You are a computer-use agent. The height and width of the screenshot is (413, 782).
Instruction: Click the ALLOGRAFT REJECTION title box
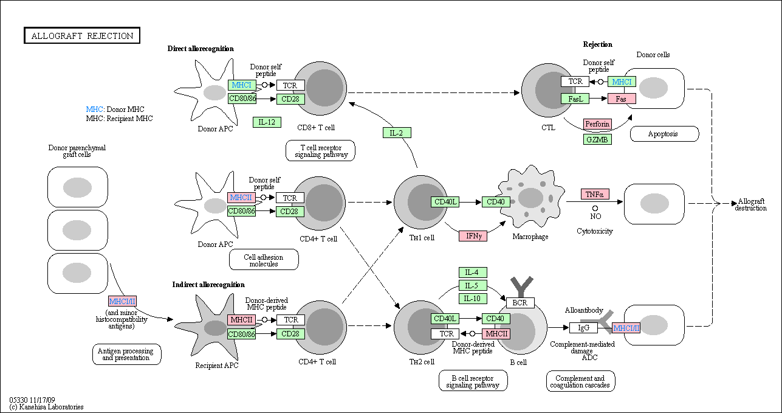[82, 35]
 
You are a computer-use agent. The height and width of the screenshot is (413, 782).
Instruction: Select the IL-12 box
[267, 122]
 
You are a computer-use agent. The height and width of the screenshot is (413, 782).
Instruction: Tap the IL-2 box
[397, 133]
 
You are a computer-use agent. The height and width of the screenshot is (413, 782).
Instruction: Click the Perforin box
[597, 124]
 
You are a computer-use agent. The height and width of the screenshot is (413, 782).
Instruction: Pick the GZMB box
[597, 139]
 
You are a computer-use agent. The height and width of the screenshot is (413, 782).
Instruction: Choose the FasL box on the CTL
[575, 99]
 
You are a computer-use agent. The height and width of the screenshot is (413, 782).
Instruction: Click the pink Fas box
[622, 99]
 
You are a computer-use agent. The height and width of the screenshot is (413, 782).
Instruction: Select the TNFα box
[595, 194]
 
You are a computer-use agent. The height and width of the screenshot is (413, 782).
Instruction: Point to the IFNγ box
[473, 236]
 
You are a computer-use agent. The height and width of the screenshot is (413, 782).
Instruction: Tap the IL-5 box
[473, 285]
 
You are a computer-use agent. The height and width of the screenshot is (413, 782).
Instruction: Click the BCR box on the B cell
[520, 302]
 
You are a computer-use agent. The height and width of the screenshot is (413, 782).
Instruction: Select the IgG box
[583, 328]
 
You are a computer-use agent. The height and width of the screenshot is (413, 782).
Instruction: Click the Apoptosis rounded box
[664, 134]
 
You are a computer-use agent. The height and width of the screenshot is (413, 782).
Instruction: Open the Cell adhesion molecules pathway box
[264, 260]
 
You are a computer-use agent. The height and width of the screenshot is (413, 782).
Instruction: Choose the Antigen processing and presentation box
[127, 354]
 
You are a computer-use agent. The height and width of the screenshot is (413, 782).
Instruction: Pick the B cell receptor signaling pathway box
[473, 381]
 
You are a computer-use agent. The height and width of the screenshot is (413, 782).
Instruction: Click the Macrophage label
[530, 237]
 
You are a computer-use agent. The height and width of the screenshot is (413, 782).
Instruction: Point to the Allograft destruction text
[750, 204]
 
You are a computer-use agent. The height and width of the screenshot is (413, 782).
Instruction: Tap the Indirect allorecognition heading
[208, 285]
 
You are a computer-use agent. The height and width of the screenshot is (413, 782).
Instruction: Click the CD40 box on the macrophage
[496, 201]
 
